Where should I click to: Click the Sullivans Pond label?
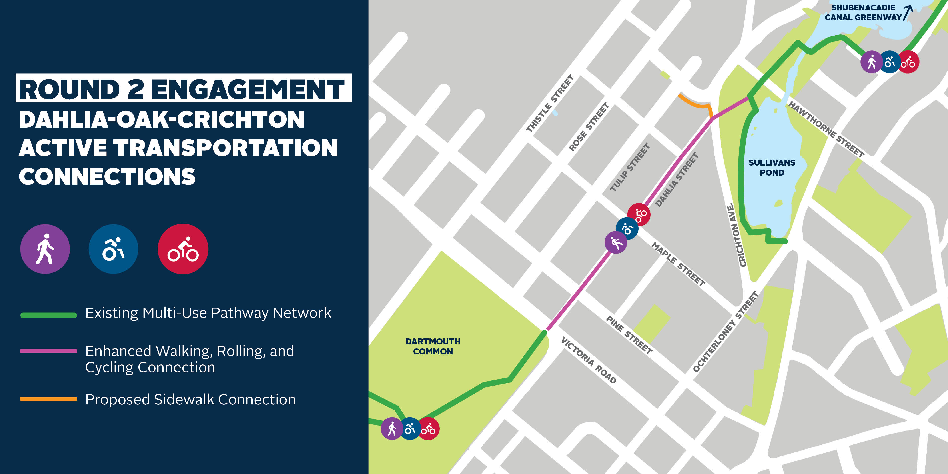[772, 168]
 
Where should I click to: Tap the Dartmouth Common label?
[433, 346]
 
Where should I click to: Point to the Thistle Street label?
[550, 103]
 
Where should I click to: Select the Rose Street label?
[589, 127]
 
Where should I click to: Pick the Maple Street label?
[678, 264]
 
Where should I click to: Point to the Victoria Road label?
[588, 360]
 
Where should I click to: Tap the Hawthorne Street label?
[826, 130]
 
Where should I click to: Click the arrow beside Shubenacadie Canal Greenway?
[908, 13]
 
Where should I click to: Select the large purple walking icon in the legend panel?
[45, 249]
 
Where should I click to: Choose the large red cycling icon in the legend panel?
[183, 249]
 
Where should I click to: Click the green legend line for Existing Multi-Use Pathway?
[49, 315]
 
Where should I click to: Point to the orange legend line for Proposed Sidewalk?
[49, 399]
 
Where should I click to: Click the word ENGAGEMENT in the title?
[247, 89]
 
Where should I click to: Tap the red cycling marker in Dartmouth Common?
[428, 429]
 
